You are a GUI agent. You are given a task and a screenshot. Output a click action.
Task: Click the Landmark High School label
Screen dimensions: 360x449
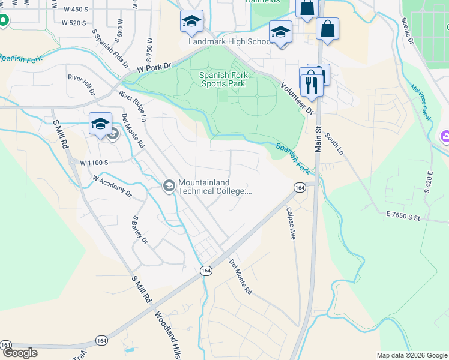tap(231, 42)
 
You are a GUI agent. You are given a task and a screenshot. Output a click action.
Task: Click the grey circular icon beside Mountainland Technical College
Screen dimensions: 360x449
tap(169, 187)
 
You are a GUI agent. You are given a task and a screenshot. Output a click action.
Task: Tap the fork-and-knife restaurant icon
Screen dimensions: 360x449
tap(311, 85)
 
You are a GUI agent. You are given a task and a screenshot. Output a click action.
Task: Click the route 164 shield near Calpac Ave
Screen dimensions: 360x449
tap(299, 188)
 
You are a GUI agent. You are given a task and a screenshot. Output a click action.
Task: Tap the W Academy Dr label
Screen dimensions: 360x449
tap(112, 186)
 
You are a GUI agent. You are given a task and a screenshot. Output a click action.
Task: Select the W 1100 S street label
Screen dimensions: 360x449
tap(93, 163)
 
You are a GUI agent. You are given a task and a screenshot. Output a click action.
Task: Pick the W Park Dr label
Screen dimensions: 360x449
tap(154, 68)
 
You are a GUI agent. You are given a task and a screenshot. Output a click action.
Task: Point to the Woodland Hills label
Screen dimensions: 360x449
tap(167, 335)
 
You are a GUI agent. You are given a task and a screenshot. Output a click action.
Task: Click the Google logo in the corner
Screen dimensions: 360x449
tap(20, 353)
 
